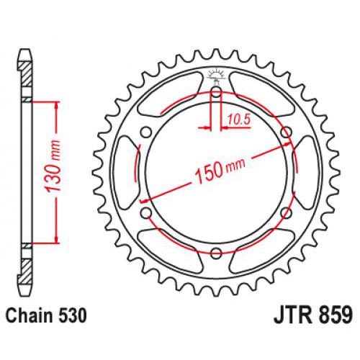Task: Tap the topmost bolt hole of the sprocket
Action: (x=217, y=91)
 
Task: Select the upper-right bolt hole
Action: (x=286, y=131)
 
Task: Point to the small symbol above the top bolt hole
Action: (x=217, y=73)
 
